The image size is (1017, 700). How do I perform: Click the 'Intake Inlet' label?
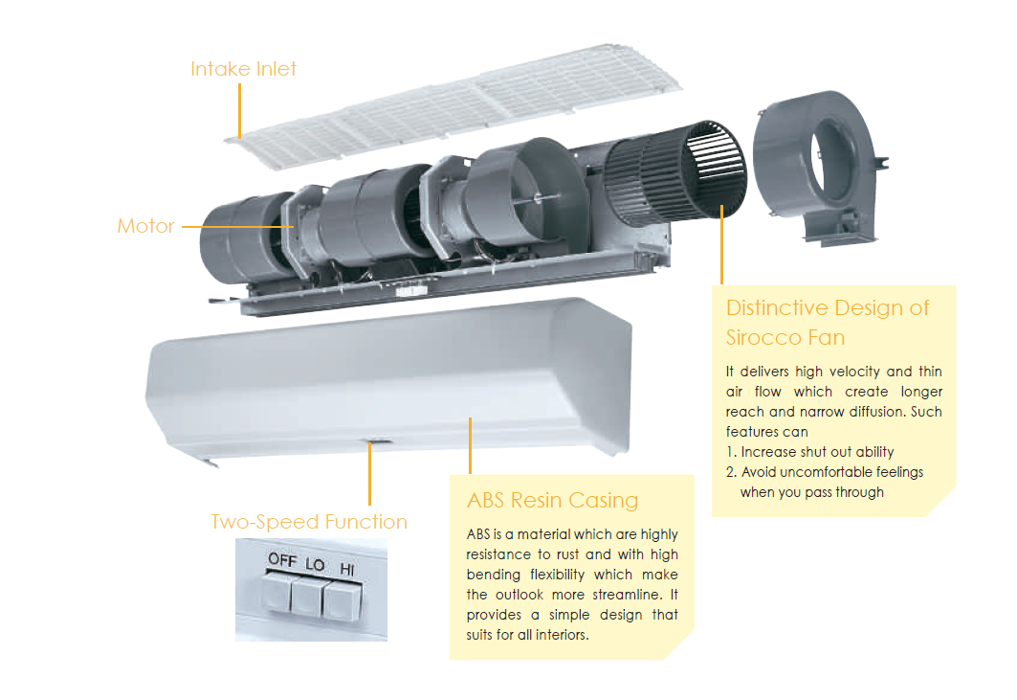243,69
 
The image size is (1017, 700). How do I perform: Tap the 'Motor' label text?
145,226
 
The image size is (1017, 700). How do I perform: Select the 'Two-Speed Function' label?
309,522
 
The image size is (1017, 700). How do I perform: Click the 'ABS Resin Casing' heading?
552,501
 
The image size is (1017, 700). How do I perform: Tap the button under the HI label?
340,601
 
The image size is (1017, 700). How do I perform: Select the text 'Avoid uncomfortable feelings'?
832,472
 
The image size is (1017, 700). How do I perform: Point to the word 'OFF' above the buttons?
283,559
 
